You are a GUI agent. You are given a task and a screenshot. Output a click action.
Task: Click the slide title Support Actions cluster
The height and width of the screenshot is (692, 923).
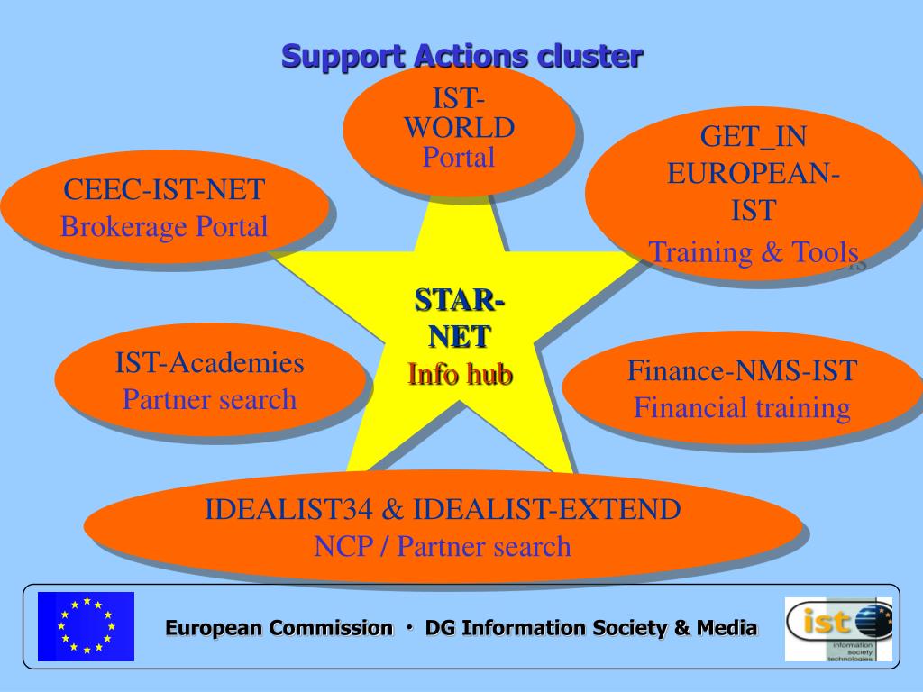pyautogui.click(x=461, y=56)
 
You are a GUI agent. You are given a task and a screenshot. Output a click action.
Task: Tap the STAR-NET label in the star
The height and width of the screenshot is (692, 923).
pyautogui.click(x=460, y=317)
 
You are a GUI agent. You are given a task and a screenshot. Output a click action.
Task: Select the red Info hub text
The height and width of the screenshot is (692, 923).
pyautogui.click(x=460, y=373)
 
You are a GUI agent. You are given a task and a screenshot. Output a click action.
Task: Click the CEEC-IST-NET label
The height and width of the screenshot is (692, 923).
pyautogui.click(x=164, y=190)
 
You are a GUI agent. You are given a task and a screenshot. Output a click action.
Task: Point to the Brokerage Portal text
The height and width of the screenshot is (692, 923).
pyautogui.click(x=164, y=226)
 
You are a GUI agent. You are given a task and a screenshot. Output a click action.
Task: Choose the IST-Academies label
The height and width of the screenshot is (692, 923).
pyautogui.click(x=209, y=363)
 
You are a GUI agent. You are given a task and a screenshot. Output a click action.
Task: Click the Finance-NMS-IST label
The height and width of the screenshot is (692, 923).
pyautogui.click(x=742, y=370)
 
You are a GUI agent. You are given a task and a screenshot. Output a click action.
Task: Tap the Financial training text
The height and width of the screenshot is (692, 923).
pyautogui.click(x=742, y=408)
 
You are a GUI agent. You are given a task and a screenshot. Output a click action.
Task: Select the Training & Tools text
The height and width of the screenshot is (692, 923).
pyautogui.click(x=754, y=252)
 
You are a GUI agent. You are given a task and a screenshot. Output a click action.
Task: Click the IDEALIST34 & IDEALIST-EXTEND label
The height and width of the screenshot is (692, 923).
pyautogui.click(x=443, y=510)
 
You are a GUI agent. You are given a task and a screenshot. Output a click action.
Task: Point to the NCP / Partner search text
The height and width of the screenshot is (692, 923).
pyautogui.click(x=443, y=546)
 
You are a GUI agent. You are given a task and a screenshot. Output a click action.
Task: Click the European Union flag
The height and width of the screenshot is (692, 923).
pyautogui.click(x=86, y=626)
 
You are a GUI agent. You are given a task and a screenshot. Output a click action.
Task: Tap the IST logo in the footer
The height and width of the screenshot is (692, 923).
pyautogui.click(x=838, y=629)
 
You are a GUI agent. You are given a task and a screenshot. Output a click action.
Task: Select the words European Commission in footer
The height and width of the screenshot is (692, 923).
pyautogui.click(x=279, y=628)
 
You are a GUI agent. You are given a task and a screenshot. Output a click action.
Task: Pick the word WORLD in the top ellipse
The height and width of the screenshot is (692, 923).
pyautogui.click(x=459, y=128)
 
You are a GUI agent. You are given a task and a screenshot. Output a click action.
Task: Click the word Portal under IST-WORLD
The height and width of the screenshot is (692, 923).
pyautogui.click(x=459, y=158)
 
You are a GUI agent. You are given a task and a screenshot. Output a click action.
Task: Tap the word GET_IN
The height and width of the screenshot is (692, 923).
pyautogui.click(x=754, y=137)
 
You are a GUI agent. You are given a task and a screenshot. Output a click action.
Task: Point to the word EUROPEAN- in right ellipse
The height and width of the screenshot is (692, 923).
pyautogui.click(x=754, y=173)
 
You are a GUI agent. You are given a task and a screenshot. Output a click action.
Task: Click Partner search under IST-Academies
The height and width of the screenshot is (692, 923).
pyautogui.click(x=209, y=399)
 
